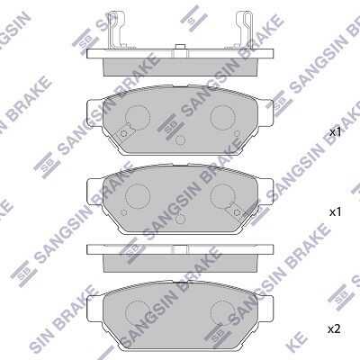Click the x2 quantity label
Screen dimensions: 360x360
[334, 329]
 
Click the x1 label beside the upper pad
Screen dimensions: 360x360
[336, 132]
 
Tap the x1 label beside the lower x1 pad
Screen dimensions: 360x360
[336, 212]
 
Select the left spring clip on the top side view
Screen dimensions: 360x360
[116, 30]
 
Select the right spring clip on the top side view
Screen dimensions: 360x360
[244, 30]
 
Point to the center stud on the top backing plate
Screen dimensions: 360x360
[180, 47]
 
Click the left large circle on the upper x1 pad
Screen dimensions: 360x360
[137, 117]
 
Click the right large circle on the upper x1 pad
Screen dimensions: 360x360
[222, 117]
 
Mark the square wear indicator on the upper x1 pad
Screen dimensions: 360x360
[124, 133]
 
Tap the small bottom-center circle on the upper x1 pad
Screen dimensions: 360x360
[180, 140]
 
